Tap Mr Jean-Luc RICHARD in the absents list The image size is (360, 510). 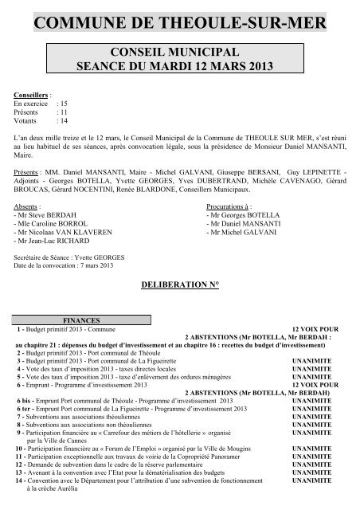[49, 239]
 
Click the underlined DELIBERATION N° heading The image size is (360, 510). [179, 284]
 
